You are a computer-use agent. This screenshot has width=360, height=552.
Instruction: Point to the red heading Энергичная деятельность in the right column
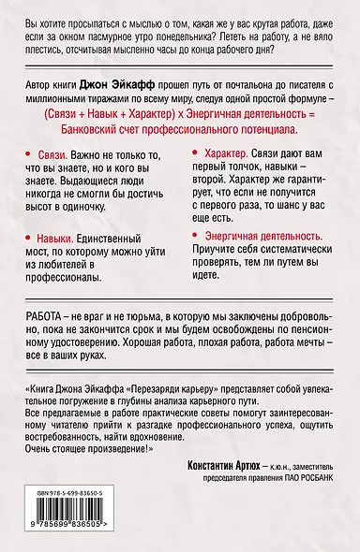(255, 238)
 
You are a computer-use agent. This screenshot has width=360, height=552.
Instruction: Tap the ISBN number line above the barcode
(73, 491)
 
